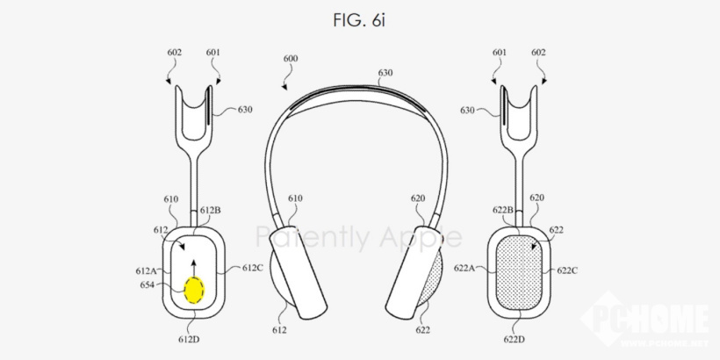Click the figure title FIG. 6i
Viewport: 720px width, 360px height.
(359, 20)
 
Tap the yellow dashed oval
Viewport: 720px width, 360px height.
(194, 291)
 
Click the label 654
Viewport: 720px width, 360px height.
(147, 285)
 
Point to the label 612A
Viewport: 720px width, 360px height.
(146, 271)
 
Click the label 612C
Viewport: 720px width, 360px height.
(253, 268)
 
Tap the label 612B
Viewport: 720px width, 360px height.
(211, 211)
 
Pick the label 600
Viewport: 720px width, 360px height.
(291, 59)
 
